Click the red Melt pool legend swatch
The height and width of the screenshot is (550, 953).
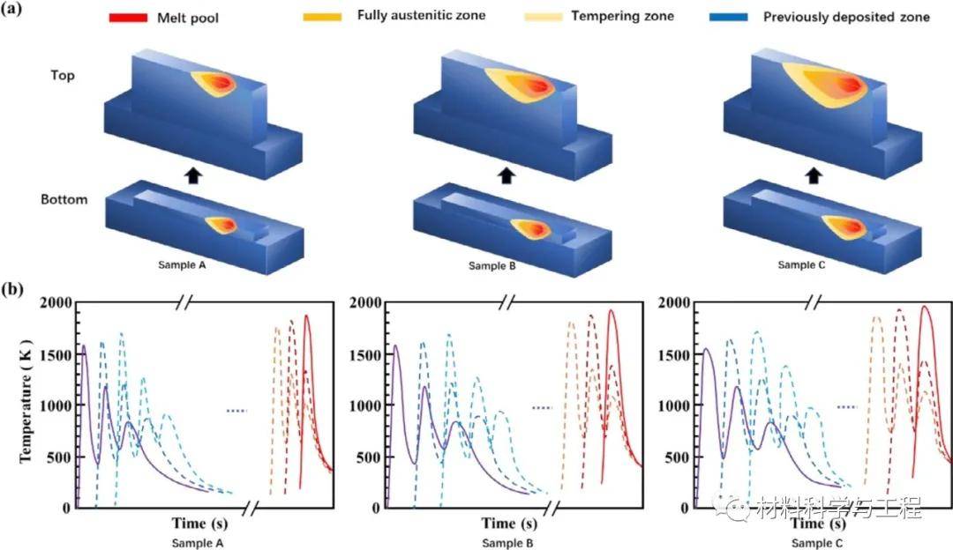pos(128,17)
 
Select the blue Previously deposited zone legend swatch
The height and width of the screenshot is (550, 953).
pos(728,17)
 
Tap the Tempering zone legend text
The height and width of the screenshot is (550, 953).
pos(622,16)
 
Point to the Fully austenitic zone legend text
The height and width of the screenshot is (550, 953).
pos(421,15)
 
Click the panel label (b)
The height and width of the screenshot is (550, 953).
pos(12,289)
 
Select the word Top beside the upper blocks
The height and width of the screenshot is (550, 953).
pos(63,75)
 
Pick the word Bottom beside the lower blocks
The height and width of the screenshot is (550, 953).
pos(64,199)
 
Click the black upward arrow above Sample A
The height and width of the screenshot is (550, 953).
pos(193,175)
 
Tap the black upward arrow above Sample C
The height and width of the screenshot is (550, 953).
pos(814,175)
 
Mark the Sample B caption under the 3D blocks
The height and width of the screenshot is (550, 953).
pos(492,265)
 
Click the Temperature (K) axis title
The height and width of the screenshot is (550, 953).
pos(25,401)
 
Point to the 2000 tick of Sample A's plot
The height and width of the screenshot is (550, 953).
pos(56,302)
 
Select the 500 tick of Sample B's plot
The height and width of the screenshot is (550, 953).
pos(369,457)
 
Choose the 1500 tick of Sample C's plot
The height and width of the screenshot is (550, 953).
pos(674,354)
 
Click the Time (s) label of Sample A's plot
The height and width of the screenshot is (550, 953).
pos(199,523)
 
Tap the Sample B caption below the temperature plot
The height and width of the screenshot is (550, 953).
pos(507,543)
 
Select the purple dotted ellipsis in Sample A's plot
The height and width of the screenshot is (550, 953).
pos(236,411)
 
